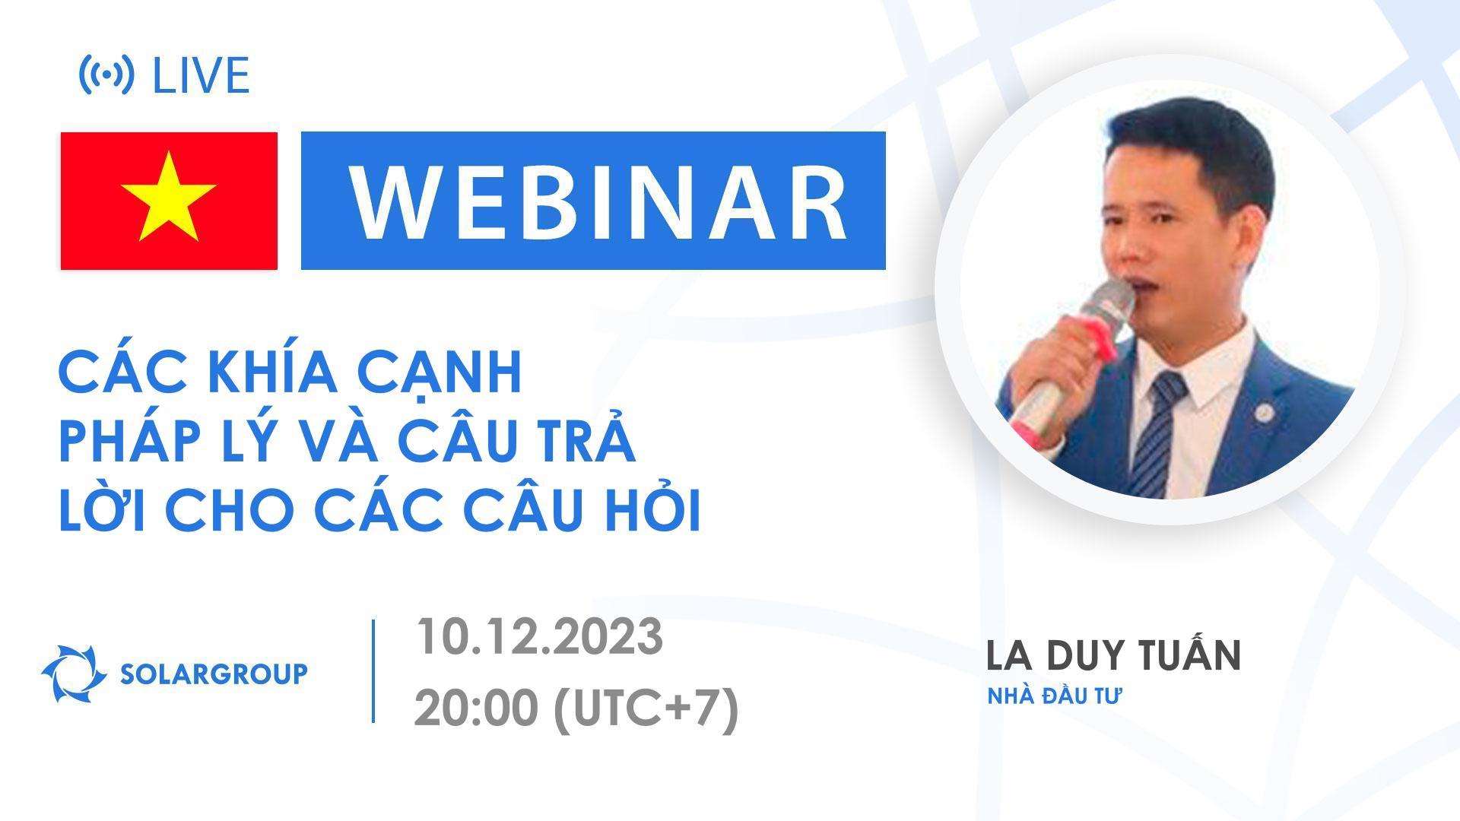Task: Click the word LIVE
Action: (201, 75)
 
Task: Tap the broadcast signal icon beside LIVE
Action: (106, 74)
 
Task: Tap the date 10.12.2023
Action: (538, 637)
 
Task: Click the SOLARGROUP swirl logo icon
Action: (73, 674)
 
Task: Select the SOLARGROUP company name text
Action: (214, 674)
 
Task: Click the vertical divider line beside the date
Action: (373, 670)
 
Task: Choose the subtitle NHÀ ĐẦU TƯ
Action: (1055, 696)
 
